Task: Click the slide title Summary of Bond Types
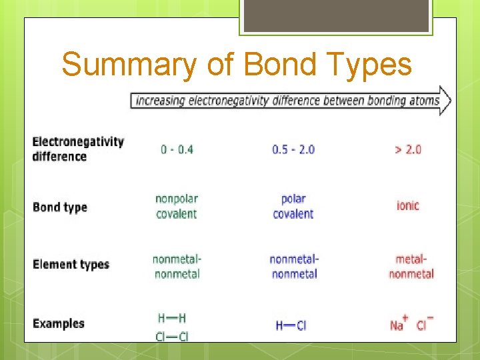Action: coord(237,65)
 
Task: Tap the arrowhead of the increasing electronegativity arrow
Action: coord(445,101)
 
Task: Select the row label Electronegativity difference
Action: coord(78,149)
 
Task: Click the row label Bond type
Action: coord(60,207)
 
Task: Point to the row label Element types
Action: coord(71,264)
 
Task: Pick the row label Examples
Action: coord(59,323)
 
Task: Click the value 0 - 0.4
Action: coord(177,149)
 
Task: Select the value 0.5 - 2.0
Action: coord(293,149)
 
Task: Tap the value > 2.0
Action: coord(408,149)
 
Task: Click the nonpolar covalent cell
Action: coord(177,206)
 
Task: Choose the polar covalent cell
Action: coord(293,206)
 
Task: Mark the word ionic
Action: coord(408,205)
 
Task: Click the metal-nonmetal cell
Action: coord(411,266)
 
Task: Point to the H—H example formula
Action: coord(172,318)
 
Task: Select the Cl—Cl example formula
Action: coord(172,336)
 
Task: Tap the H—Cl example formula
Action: coord(291,325)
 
